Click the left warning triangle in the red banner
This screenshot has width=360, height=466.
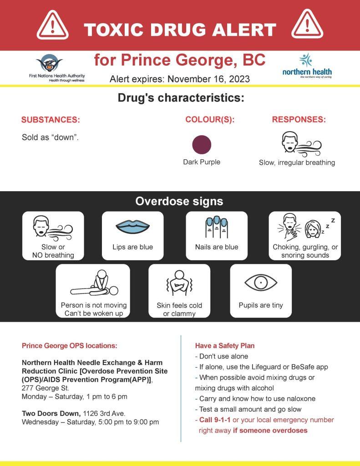click(x=52, y=25)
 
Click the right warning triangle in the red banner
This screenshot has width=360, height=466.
click(x=307, y=25)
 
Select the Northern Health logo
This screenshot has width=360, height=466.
click(x=307, y=66)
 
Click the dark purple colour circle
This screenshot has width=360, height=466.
click(x=202, y=145)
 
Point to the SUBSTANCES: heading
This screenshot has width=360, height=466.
click(x=51, y=120)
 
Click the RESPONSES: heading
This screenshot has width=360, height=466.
click(x=299, y=120)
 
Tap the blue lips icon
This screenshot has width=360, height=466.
click(x=132, y=227)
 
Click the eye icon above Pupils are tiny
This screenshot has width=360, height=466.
click(x=261, y=283)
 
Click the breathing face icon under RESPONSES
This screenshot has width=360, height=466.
click(x=301, y=143)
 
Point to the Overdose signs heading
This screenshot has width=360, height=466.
click(x=179, y=201)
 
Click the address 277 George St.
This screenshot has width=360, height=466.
click(x=46, y=388)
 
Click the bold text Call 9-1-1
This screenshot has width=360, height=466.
click(x=215, y=420)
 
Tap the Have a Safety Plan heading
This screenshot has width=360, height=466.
click(x=225, y=346)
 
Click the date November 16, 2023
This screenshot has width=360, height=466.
click(x=208, y=79)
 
